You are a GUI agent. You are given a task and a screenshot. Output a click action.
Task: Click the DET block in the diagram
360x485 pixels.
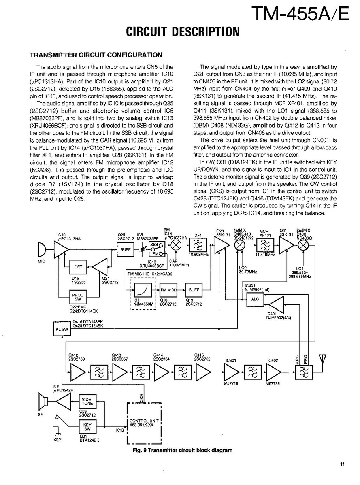coord(78,267)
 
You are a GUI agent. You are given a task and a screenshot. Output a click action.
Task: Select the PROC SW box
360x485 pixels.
coord(78,298)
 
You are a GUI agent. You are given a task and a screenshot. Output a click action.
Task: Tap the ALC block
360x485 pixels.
coord(254,299)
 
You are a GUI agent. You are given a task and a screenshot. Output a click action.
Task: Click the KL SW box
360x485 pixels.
coord(61,329)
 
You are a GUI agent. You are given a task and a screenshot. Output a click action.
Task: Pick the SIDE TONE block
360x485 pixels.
coord(87,401)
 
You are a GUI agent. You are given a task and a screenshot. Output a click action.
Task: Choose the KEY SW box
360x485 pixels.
coord(87,426)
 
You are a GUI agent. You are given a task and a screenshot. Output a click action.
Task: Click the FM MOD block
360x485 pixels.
coord(168,290)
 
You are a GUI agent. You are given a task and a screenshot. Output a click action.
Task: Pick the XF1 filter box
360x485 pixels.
coord(198,246)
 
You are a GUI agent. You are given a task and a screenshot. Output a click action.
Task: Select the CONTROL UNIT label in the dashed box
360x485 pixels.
coord(141,423)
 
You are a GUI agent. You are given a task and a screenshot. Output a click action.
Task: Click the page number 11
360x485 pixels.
coord(343,465)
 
